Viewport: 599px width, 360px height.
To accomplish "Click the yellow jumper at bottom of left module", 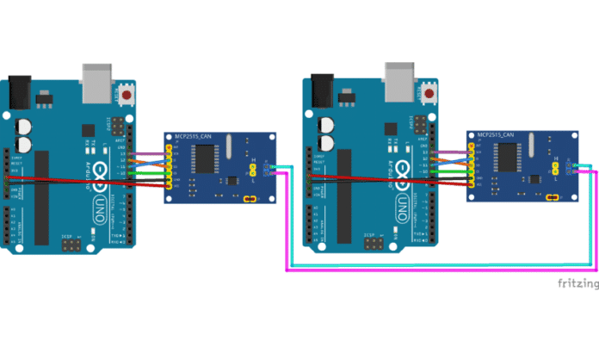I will tap(250, 200).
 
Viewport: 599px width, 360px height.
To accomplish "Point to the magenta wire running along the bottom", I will tap(439, 270).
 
